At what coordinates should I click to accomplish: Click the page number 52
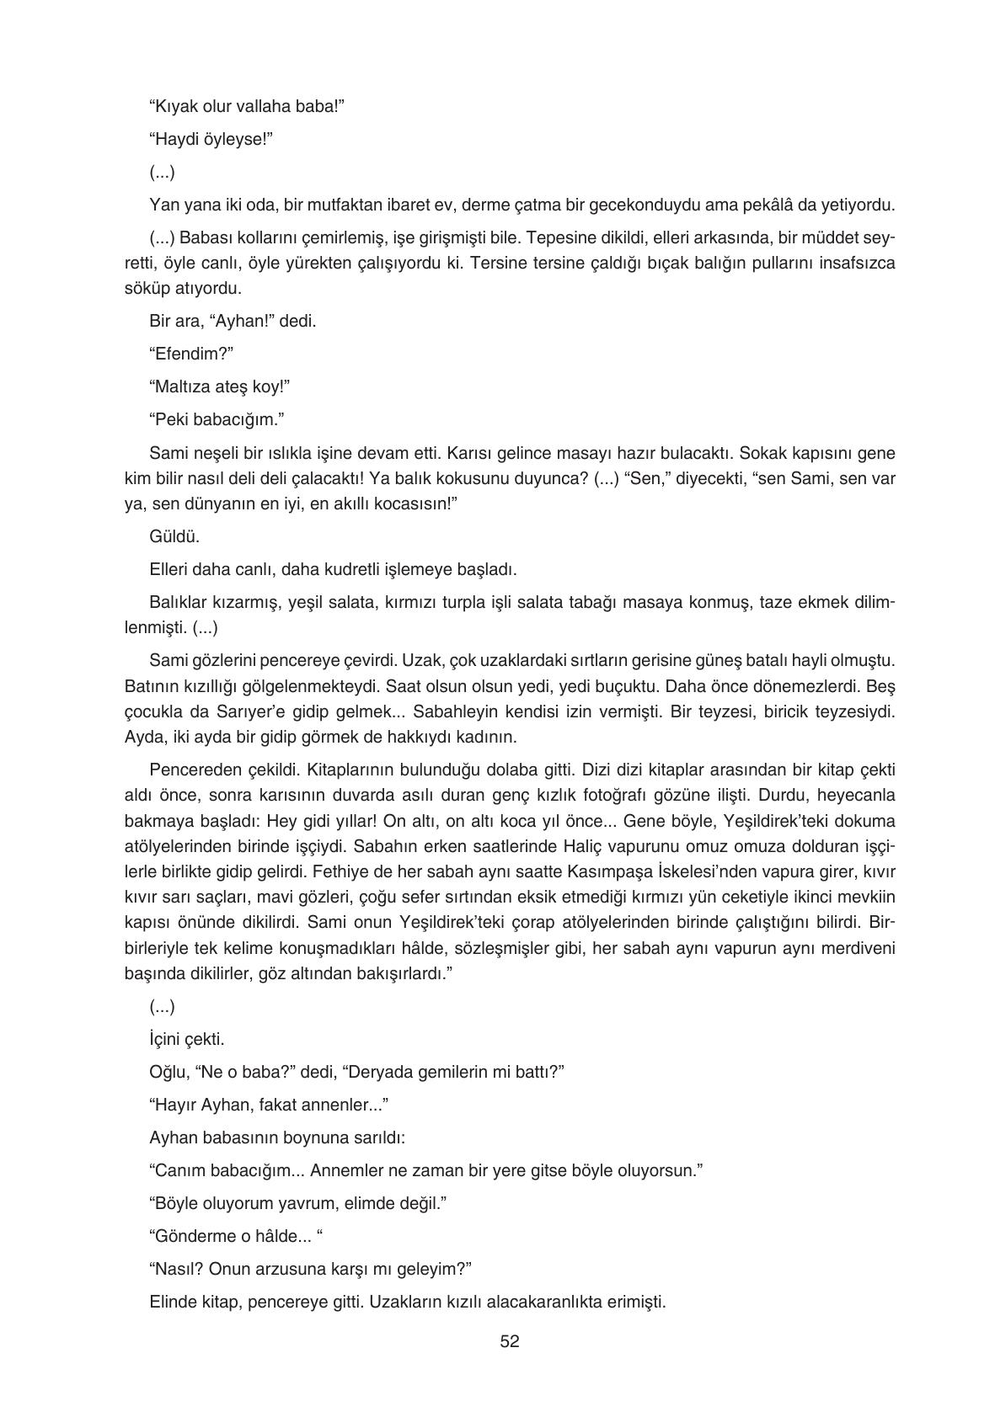pos(509,1341)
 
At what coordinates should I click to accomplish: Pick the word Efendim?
pos(190,354)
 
